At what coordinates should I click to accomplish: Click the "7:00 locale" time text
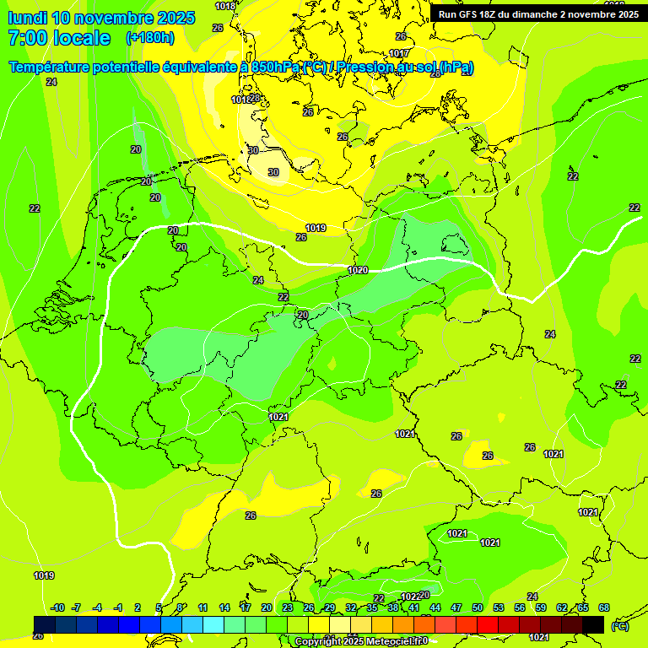pyautogui.click(x=58, y=38)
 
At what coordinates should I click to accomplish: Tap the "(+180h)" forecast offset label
pyautogui.click(x=149, y=37)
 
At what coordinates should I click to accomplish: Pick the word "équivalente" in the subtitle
pyautogui.click(x=200, y=67)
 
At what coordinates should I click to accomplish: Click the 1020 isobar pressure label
pyautogui.click(x=358, y=270)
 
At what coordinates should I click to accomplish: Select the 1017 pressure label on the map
pyautogui.click(x=399, y=53)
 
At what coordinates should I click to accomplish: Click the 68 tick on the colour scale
pyautogui.click(x=603, y=607)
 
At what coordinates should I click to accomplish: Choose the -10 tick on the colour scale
pyautogui.click(x=57, y=607)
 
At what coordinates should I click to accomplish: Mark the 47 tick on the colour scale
pyautogui.click(x=456, y=607)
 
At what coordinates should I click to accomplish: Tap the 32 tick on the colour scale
pyautogui.click(x=351, y=607)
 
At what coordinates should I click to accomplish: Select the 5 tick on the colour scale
pyautogui.click(x=159, y=607)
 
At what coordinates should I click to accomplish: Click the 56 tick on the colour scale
pyautogui.click(x=520, y=607)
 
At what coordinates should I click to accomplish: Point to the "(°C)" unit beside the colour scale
pyautogui.click(x=619, y=626)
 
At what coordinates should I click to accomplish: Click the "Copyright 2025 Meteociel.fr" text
pyautogui.click(x=361, y=641)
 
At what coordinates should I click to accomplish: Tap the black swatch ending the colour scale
pyautogui.click(x=593, y=624)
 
